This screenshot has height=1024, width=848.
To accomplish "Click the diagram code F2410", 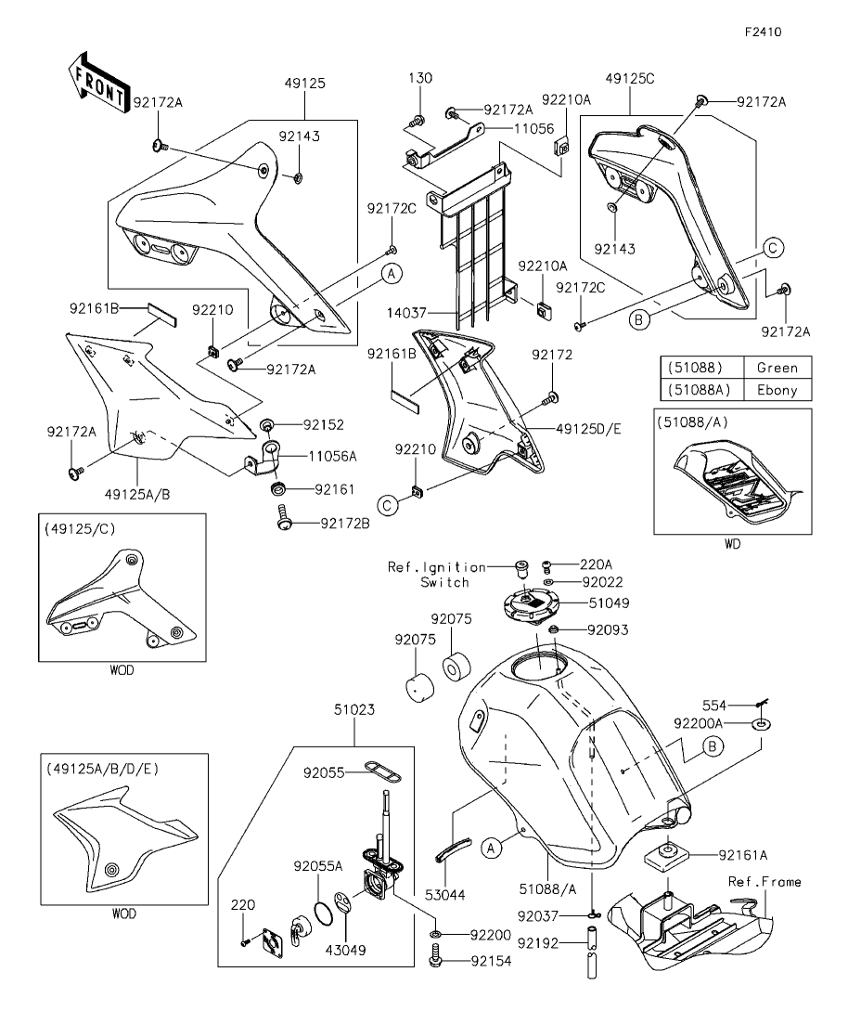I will [763, 31].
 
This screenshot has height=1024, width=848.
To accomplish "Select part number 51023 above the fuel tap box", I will [354, 710].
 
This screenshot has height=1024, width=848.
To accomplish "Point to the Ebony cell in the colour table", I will [777, 390].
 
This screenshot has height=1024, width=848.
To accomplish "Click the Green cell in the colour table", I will [777, 368].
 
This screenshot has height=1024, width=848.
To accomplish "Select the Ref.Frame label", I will [764, 882].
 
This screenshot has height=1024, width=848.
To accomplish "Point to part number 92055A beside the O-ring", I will [318, 866].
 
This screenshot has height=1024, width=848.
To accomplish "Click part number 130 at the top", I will [419, 78].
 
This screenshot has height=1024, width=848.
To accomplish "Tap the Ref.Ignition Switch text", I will [450, 574].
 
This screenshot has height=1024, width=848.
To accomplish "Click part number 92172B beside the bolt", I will [345, 524].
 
